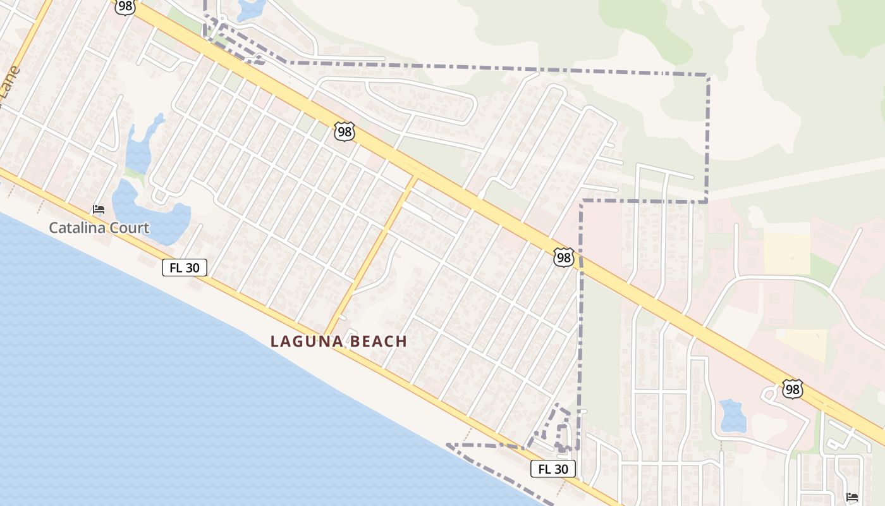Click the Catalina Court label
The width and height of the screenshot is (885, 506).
coord(99,228)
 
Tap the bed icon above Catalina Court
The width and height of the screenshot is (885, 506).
coord(99,209)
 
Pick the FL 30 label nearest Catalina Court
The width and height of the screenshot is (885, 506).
coord(185,268)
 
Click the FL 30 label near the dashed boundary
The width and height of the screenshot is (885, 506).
coord(553,469)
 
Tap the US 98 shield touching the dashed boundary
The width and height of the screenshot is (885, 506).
coord(563,257)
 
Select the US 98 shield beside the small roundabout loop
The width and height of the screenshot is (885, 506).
coord(792,389)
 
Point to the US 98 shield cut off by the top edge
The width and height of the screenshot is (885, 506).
coord(125,6)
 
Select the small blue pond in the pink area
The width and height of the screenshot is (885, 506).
coord(733,416)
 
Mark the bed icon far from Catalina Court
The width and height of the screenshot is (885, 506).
coord(851,497)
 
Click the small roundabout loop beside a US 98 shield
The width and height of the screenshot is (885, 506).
coord(769,394)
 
